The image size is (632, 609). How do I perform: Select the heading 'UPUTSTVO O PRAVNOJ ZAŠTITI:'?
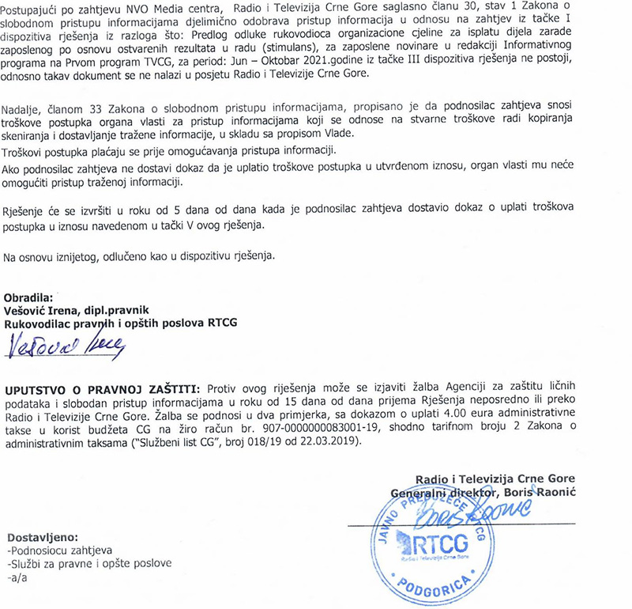(x=103, y=389)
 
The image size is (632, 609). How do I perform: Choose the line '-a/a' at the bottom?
(x=16, y=578)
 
